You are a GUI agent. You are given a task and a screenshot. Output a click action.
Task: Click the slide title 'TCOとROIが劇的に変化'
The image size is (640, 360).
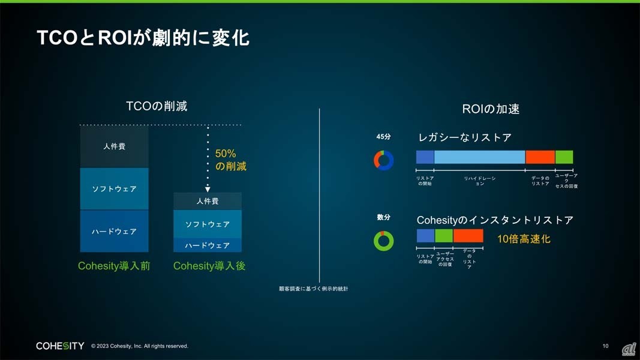click(x=143, y=38)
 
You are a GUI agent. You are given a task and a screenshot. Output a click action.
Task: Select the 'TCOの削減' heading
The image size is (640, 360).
click(x=157, y=106)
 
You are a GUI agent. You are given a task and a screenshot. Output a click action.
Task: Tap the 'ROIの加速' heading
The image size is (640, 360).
click(x=491, y=109)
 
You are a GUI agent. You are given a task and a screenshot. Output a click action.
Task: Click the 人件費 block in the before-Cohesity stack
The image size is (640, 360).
click(x=115, y=146)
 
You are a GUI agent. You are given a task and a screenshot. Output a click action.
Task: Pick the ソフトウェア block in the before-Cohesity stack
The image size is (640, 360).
click(x=115, y=188)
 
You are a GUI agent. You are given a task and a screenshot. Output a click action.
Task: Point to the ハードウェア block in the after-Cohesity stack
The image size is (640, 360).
click(x=208, y=245)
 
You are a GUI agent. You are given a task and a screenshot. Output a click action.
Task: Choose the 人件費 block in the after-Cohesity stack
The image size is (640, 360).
click(x=208, y=201)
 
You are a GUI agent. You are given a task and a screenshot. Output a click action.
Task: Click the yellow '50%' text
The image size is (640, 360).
click(x=226, y=154)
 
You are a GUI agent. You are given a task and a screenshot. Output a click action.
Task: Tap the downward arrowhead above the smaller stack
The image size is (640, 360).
click(x=208, y=189)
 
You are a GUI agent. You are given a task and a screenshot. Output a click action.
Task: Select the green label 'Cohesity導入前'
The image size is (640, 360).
click(x=114, y=266)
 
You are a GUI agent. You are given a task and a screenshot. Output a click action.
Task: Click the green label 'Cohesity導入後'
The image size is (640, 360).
click(x=209, y=266)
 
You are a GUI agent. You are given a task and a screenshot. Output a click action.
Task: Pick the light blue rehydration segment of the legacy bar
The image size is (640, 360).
click(x=480, y=157)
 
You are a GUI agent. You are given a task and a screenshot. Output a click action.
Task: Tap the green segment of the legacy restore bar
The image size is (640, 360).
click(x=564, y=157)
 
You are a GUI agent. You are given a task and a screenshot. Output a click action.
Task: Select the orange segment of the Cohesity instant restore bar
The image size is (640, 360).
click(x=468, y=236)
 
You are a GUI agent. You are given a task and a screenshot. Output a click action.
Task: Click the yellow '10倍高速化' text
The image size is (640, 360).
click(x=524, y=239)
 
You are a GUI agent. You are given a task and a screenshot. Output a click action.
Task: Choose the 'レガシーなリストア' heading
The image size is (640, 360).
click(x=465, y=137)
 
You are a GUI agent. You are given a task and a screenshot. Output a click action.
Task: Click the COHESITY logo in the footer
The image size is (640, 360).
click(x=60, y=346)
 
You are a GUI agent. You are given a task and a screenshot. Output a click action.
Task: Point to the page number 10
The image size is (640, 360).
click(x=605, y=346)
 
